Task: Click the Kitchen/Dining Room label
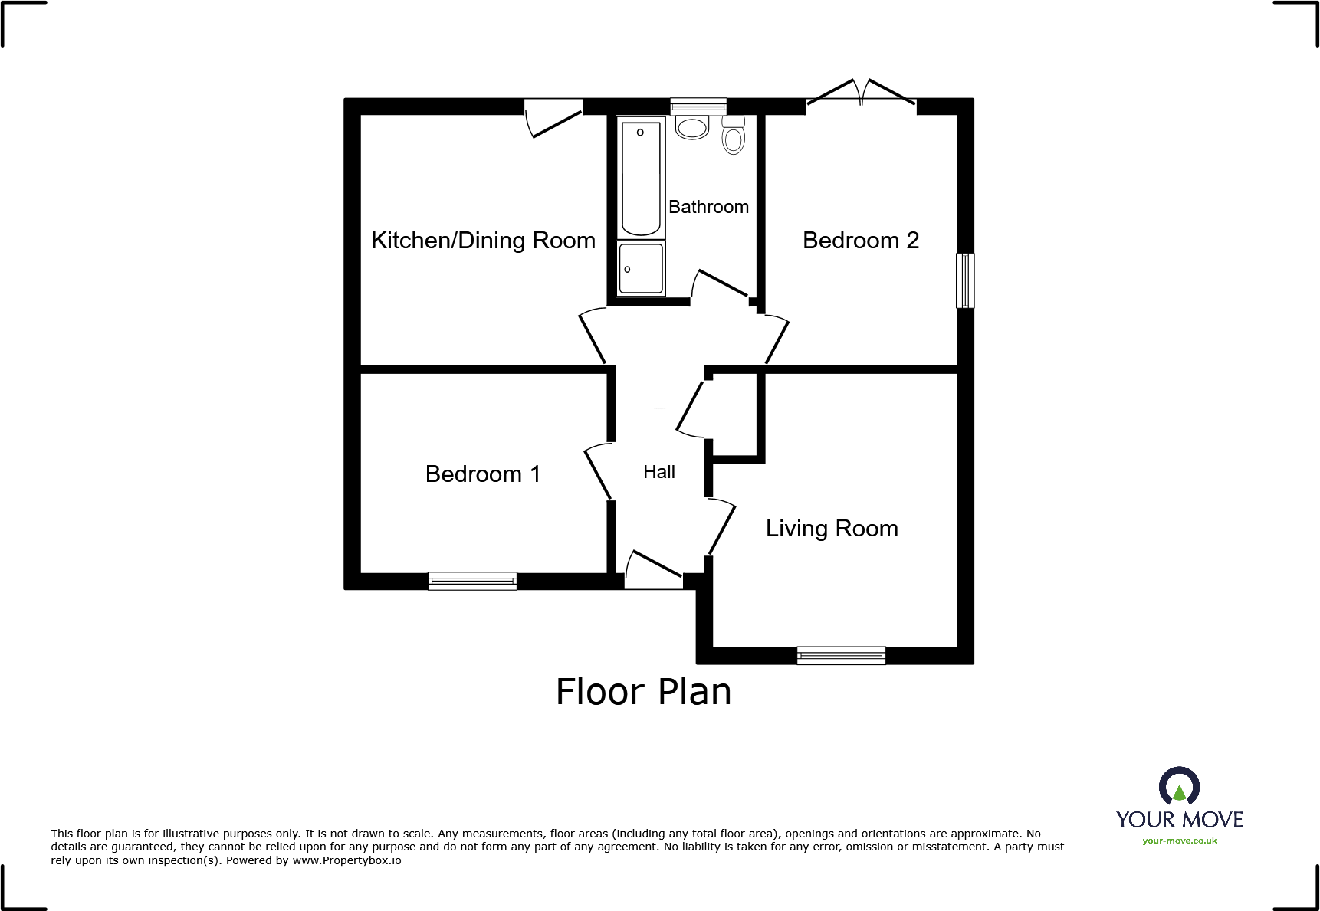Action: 483,241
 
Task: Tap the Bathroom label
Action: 708,207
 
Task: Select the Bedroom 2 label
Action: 860,241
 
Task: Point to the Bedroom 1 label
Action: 483,474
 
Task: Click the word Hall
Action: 659,472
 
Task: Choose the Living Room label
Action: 832,529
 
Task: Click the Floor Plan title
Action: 643,691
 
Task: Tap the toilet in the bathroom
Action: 734,135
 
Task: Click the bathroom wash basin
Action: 692,127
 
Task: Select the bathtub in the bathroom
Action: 641,178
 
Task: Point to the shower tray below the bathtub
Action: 641,268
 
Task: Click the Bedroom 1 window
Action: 472,582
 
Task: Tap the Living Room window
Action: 841,656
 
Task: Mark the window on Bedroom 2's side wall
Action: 965,280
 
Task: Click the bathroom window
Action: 698,107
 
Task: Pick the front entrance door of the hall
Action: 654,570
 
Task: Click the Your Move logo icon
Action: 1179,787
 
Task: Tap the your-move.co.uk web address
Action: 1180,841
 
